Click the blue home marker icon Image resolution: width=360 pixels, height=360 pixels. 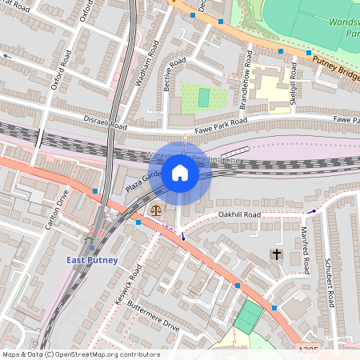click(180, 172)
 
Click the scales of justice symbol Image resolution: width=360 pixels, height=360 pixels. click(154, 210)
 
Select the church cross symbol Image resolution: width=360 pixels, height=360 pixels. click(276, 254)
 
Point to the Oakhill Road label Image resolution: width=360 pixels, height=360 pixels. click(240, 215)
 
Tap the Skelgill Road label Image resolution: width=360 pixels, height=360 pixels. click(294, 80)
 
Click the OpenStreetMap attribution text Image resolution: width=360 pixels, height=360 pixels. click(81, 354)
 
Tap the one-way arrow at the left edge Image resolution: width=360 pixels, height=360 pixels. click(8, 57)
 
